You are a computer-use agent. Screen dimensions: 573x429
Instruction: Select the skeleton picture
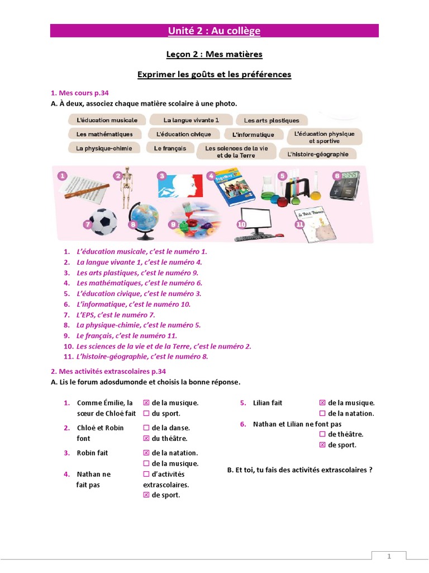(x=127, y=187)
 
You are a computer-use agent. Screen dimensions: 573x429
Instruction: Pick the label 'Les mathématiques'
(x=104, y=134)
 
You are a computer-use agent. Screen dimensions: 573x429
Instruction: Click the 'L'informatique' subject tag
(x=253, y=135)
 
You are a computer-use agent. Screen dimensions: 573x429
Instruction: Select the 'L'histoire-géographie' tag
(x=317, y=154)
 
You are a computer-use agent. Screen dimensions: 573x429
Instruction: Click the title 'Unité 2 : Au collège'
(x=214, y=31)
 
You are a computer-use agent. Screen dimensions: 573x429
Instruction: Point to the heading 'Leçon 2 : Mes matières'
(x=214, y=54)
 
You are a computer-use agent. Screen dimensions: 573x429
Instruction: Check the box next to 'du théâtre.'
(x=146, y=439)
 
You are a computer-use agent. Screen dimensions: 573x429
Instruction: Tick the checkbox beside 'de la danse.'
(x=146, y=428)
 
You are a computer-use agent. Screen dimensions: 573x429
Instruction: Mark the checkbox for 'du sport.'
(x=146, y=414)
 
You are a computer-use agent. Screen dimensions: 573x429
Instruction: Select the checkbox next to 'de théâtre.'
(x=322, y=434)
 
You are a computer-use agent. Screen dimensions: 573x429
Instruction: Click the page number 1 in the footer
(x=389, y=557)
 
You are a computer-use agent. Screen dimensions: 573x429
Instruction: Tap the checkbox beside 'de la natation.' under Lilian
(x=322, y=414)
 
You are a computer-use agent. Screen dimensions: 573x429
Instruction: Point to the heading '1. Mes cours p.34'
(x=83, y=93)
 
